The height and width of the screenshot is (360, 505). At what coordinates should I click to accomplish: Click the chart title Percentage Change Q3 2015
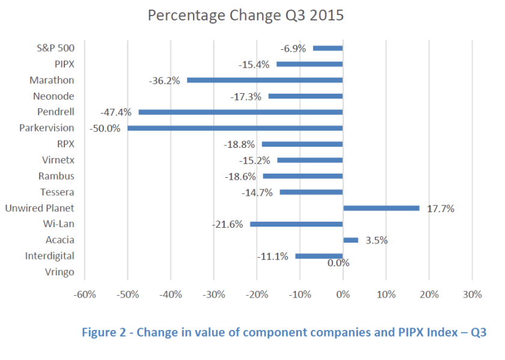click(246, 15)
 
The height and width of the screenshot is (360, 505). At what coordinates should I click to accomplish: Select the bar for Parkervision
click(234, 128)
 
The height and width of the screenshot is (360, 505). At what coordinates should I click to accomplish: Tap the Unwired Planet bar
click(381, 208)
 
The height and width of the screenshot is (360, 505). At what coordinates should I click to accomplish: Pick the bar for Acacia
click(350, 240)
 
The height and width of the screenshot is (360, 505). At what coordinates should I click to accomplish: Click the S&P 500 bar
click(328, 48)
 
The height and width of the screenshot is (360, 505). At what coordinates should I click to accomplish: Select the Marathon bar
click(265, 80)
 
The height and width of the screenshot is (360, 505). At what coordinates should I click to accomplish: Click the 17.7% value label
click(440, 209)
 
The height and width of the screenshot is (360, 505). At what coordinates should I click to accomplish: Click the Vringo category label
click(60, 272)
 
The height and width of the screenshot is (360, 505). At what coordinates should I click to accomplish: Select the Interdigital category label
click(50, 256)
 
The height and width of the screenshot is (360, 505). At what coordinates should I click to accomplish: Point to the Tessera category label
click(57, 192)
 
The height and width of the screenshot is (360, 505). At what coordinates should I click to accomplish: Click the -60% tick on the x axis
click(85, 294)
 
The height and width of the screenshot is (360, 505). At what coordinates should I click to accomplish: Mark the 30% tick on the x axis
click(472, 294)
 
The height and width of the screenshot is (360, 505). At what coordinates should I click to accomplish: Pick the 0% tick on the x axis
click(343, 294)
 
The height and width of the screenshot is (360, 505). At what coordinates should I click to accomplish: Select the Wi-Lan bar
click(296, 224)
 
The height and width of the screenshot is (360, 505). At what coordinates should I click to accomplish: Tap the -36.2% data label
click(164, 80)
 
